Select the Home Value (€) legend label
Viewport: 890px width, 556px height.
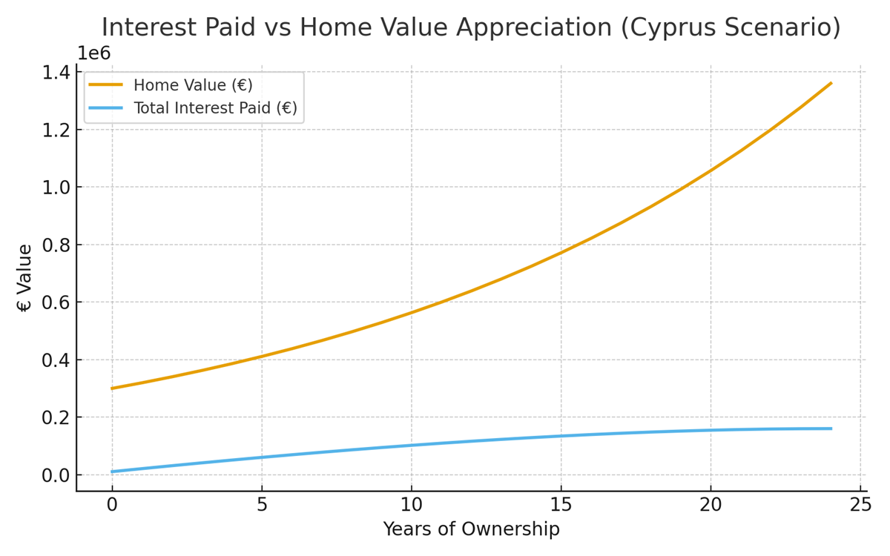193,85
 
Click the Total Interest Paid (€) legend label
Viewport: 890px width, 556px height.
215,108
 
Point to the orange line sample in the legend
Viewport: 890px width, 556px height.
106,85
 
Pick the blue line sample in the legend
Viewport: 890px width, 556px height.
106,108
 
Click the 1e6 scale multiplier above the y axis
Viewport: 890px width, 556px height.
93,53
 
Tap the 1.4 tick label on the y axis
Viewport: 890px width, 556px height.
57,72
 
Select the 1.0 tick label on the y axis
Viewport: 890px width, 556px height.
57,188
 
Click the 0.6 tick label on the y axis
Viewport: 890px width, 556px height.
57,302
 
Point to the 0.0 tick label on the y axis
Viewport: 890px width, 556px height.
57,475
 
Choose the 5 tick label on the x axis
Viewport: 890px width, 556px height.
262,506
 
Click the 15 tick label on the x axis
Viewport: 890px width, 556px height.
561,506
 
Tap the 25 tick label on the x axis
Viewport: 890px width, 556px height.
860,506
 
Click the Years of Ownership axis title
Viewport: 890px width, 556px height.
471,529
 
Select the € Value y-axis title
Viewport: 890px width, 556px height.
24,278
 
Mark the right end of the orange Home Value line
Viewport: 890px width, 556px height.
831,83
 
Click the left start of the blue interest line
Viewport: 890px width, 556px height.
113,471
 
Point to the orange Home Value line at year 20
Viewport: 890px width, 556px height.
711,171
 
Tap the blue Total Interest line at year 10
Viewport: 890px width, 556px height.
412,446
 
